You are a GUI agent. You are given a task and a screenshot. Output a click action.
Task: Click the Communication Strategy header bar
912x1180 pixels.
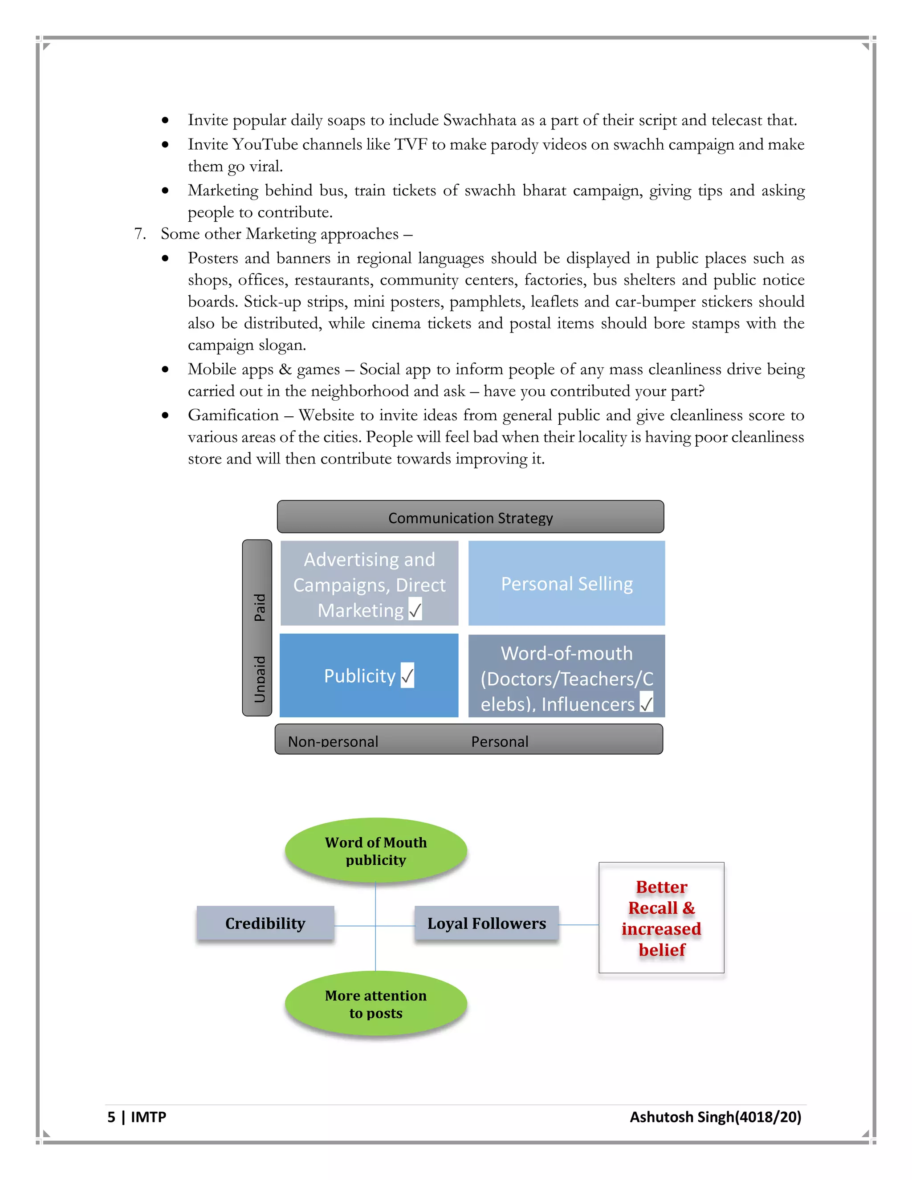[x=470, y=517]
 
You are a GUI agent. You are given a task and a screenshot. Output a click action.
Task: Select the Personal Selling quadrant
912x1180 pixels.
[x=566, y=583]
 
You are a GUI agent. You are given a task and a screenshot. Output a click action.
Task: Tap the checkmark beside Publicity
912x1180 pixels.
[x=407, y=675]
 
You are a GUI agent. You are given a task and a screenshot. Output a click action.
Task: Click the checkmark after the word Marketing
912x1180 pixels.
[x=415, y=610]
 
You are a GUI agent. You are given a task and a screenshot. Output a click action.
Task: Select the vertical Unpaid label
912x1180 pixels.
[x=259, y=679]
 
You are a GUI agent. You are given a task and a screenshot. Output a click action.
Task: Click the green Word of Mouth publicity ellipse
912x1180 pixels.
[x=375, y=850]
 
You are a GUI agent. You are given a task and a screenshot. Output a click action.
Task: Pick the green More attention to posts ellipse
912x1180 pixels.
[x=375, y=1003]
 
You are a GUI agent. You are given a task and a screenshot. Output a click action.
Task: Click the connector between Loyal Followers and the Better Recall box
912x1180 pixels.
[x=578, y=924]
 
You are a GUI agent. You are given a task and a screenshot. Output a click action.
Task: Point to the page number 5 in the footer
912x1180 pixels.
[x=111, y=1117]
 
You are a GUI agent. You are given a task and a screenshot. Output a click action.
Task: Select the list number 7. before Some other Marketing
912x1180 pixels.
[x=140, y=233]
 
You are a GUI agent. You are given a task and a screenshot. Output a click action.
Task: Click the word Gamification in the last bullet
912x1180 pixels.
[x=233, y=415]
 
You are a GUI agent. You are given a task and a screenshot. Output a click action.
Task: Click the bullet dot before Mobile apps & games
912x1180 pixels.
[x=165, y=370]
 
